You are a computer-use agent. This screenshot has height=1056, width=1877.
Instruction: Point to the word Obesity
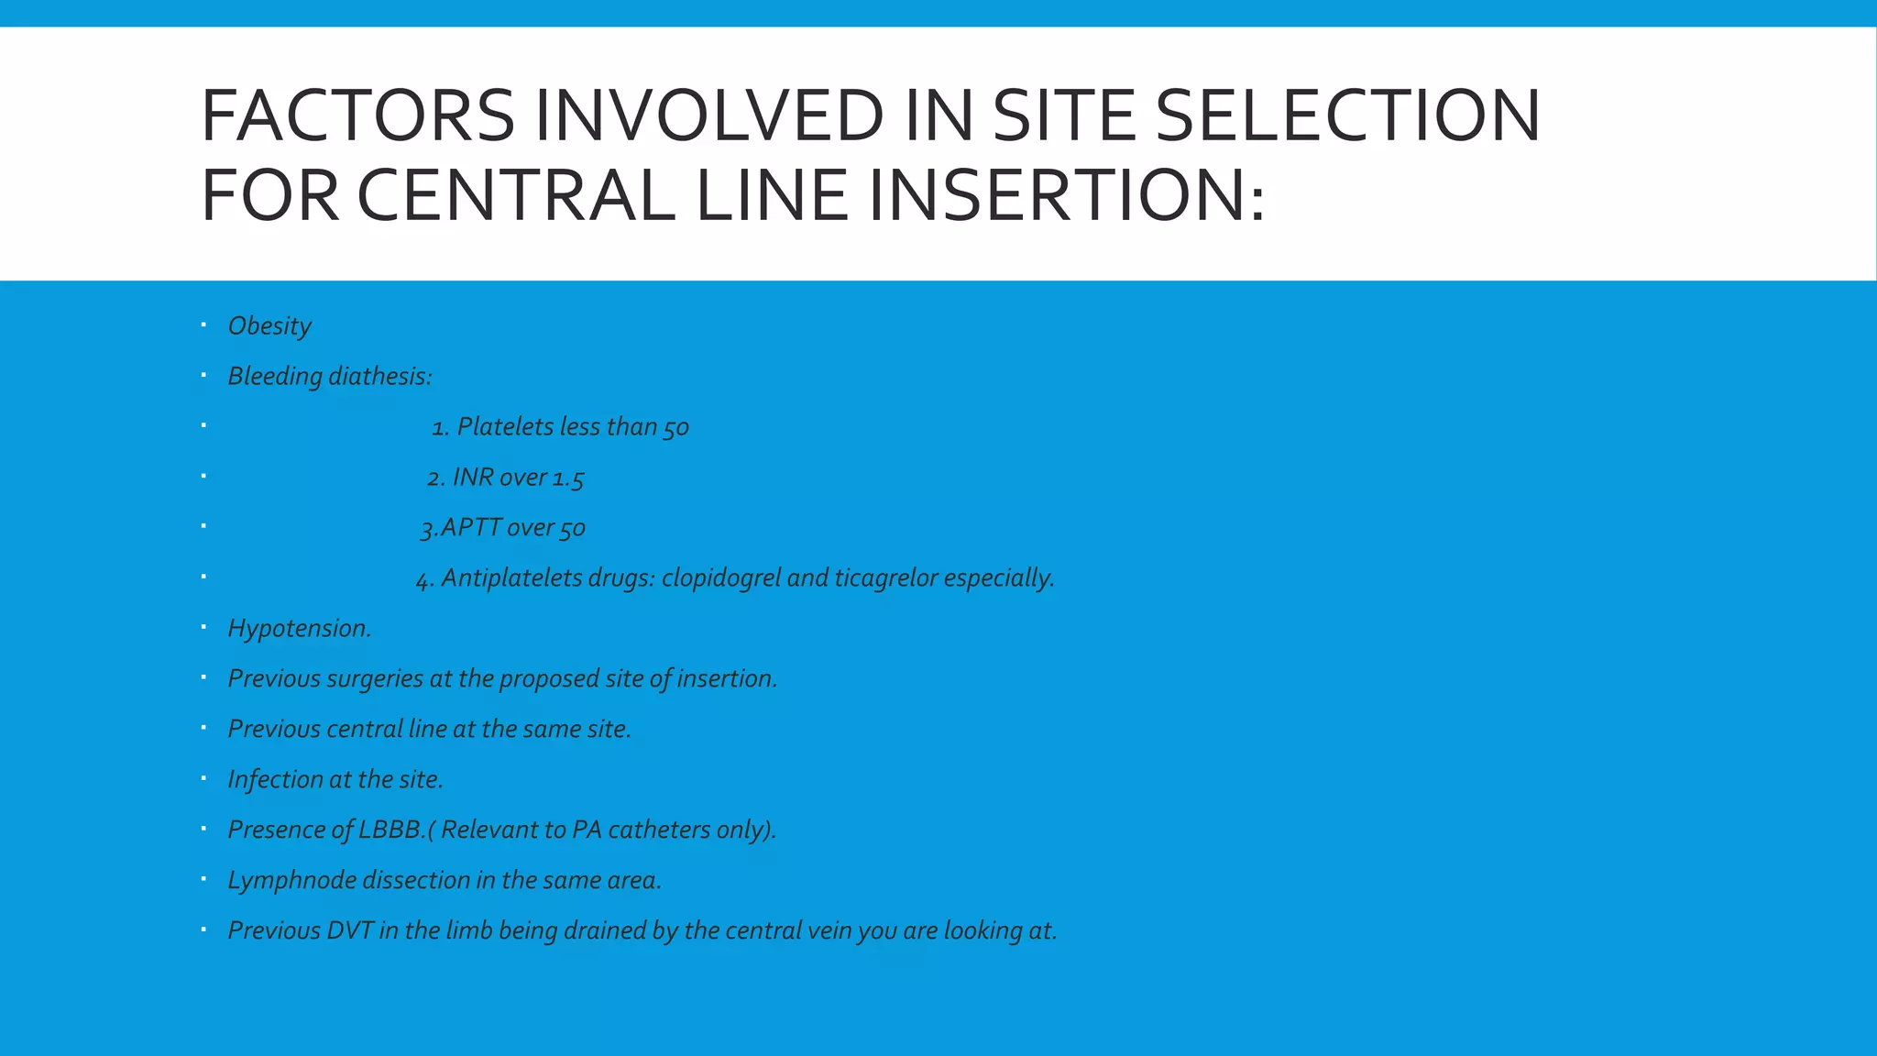(269, 326)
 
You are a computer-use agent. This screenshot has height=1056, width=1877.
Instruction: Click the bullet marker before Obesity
(203, 324)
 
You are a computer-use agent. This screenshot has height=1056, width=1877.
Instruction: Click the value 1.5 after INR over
(567, 478)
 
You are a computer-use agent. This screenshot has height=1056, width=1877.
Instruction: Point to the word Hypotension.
(299, 629)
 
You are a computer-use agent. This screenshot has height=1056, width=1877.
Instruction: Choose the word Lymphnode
(291, 881)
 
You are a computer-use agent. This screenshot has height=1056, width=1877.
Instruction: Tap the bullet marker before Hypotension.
(203, 627)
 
